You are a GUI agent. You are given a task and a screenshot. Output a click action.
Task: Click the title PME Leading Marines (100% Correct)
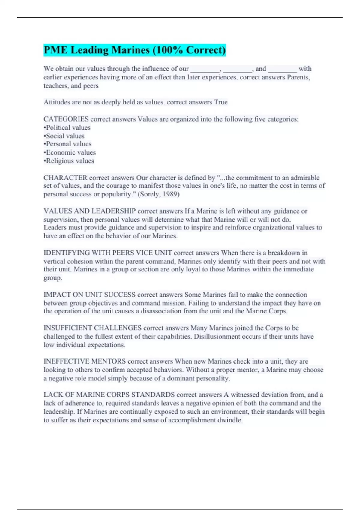(134, 50)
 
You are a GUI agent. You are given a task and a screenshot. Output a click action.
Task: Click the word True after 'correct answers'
(221, 102)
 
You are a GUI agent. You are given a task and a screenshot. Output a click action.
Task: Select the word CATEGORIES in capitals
(66, 119)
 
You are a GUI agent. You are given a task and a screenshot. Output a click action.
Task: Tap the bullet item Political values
(67, 127)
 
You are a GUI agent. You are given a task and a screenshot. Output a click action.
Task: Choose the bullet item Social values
(64, 136)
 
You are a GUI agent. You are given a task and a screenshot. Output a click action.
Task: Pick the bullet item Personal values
(68, 144)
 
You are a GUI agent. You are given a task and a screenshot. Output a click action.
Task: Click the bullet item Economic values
(70, 152)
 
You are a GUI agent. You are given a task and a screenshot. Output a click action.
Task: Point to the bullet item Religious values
(69, 161)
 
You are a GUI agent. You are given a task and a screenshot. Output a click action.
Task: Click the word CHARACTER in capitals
(65, 178)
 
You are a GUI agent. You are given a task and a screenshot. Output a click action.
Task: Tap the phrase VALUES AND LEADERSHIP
(90, 211)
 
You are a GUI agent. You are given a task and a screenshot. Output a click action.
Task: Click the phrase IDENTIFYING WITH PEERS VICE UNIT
(108, 253)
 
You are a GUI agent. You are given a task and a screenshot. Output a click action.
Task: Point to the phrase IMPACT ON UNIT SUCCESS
(89, 295)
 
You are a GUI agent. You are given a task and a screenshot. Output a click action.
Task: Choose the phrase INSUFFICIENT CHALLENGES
(92, 328)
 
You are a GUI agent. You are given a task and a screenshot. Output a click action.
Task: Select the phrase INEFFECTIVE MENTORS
(85, 361)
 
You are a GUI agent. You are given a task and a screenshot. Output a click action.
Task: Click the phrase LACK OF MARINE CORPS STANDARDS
(109, 394)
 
